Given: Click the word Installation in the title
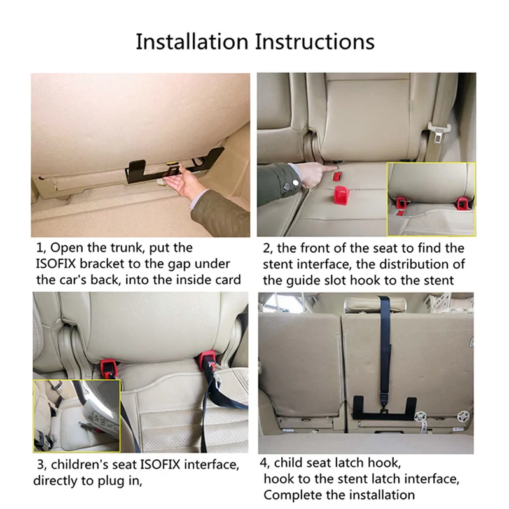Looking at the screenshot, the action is pos(192,42).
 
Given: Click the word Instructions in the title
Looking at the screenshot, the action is pos(315,42).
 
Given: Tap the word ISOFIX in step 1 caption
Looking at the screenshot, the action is pos(55,263).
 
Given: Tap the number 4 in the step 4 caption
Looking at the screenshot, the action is pos(263,463).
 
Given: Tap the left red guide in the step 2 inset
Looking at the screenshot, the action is pos(401,204).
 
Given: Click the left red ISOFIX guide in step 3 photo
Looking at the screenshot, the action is pos(108,368).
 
